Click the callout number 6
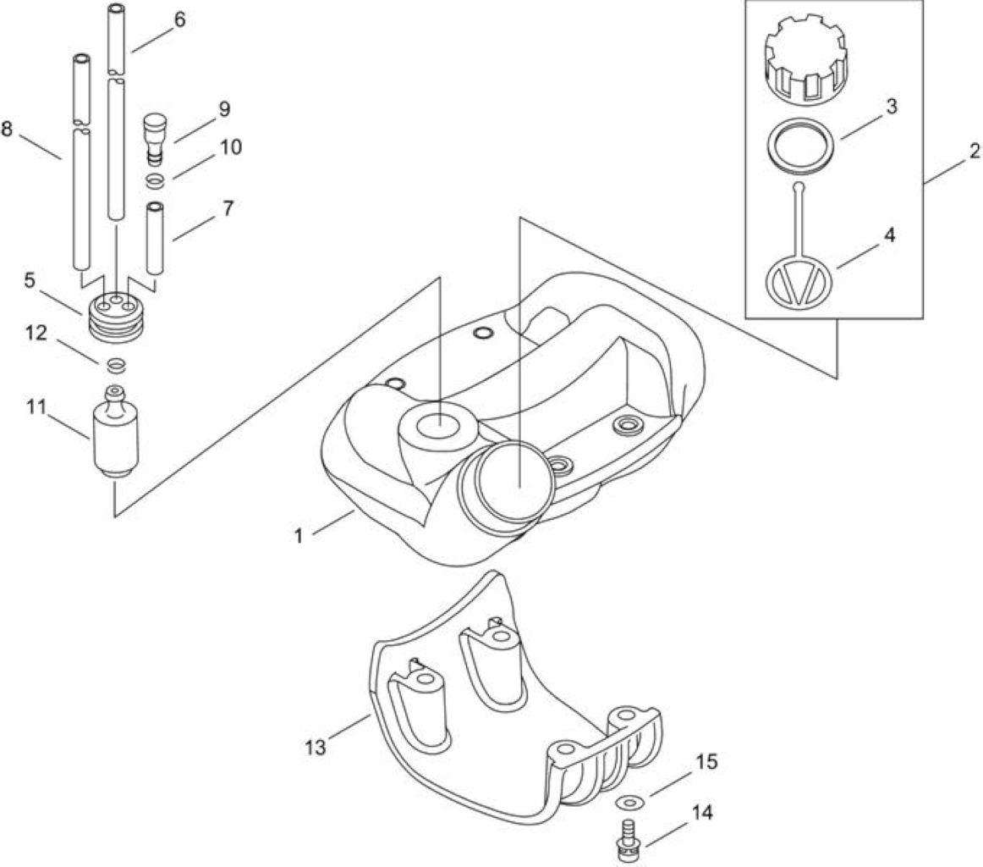point(180,19)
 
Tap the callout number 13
point(316,747)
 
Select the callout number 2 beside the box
point(974,152)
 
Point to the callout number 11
point(36,407)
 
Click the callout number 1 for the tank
point(299,536)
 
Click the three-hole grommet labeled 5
point(116,317)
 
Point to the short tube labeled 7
point(155,238)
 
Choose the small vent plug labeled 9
point(154,137)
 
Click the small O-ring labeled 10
point(155,181)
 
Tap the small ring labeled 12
point(117,364)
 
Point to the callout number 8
point(7,130)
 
